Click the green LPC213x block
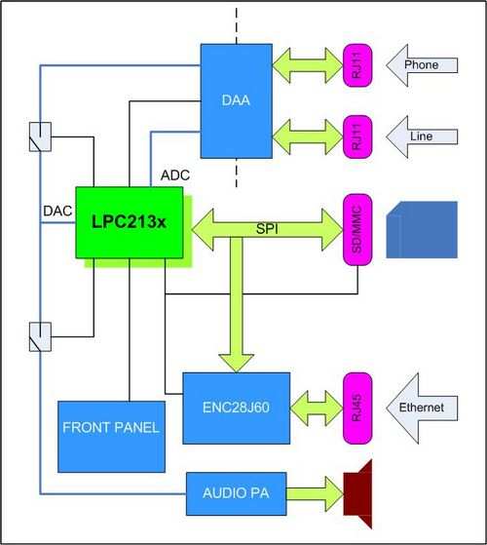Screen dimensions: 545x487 click(x=129, y=223)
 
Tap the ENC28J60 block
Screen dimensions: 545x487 click(x=235, y=406)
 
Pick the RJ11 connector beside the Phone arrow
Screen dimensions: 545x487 click(x=357, y=66)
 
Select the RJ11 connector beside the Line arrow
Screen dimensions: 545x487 click(x=357, y=136)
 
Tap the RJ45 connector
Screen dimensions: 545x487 click(x=357, y=407)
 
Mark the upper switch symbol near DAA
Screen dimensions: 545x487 click(x=40, y=136)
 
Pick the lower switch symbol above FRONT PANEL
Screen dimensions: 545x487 click(x=40, y=337)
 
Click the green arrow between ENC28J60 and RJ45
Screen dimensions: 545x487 click(x=315, y=407)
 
